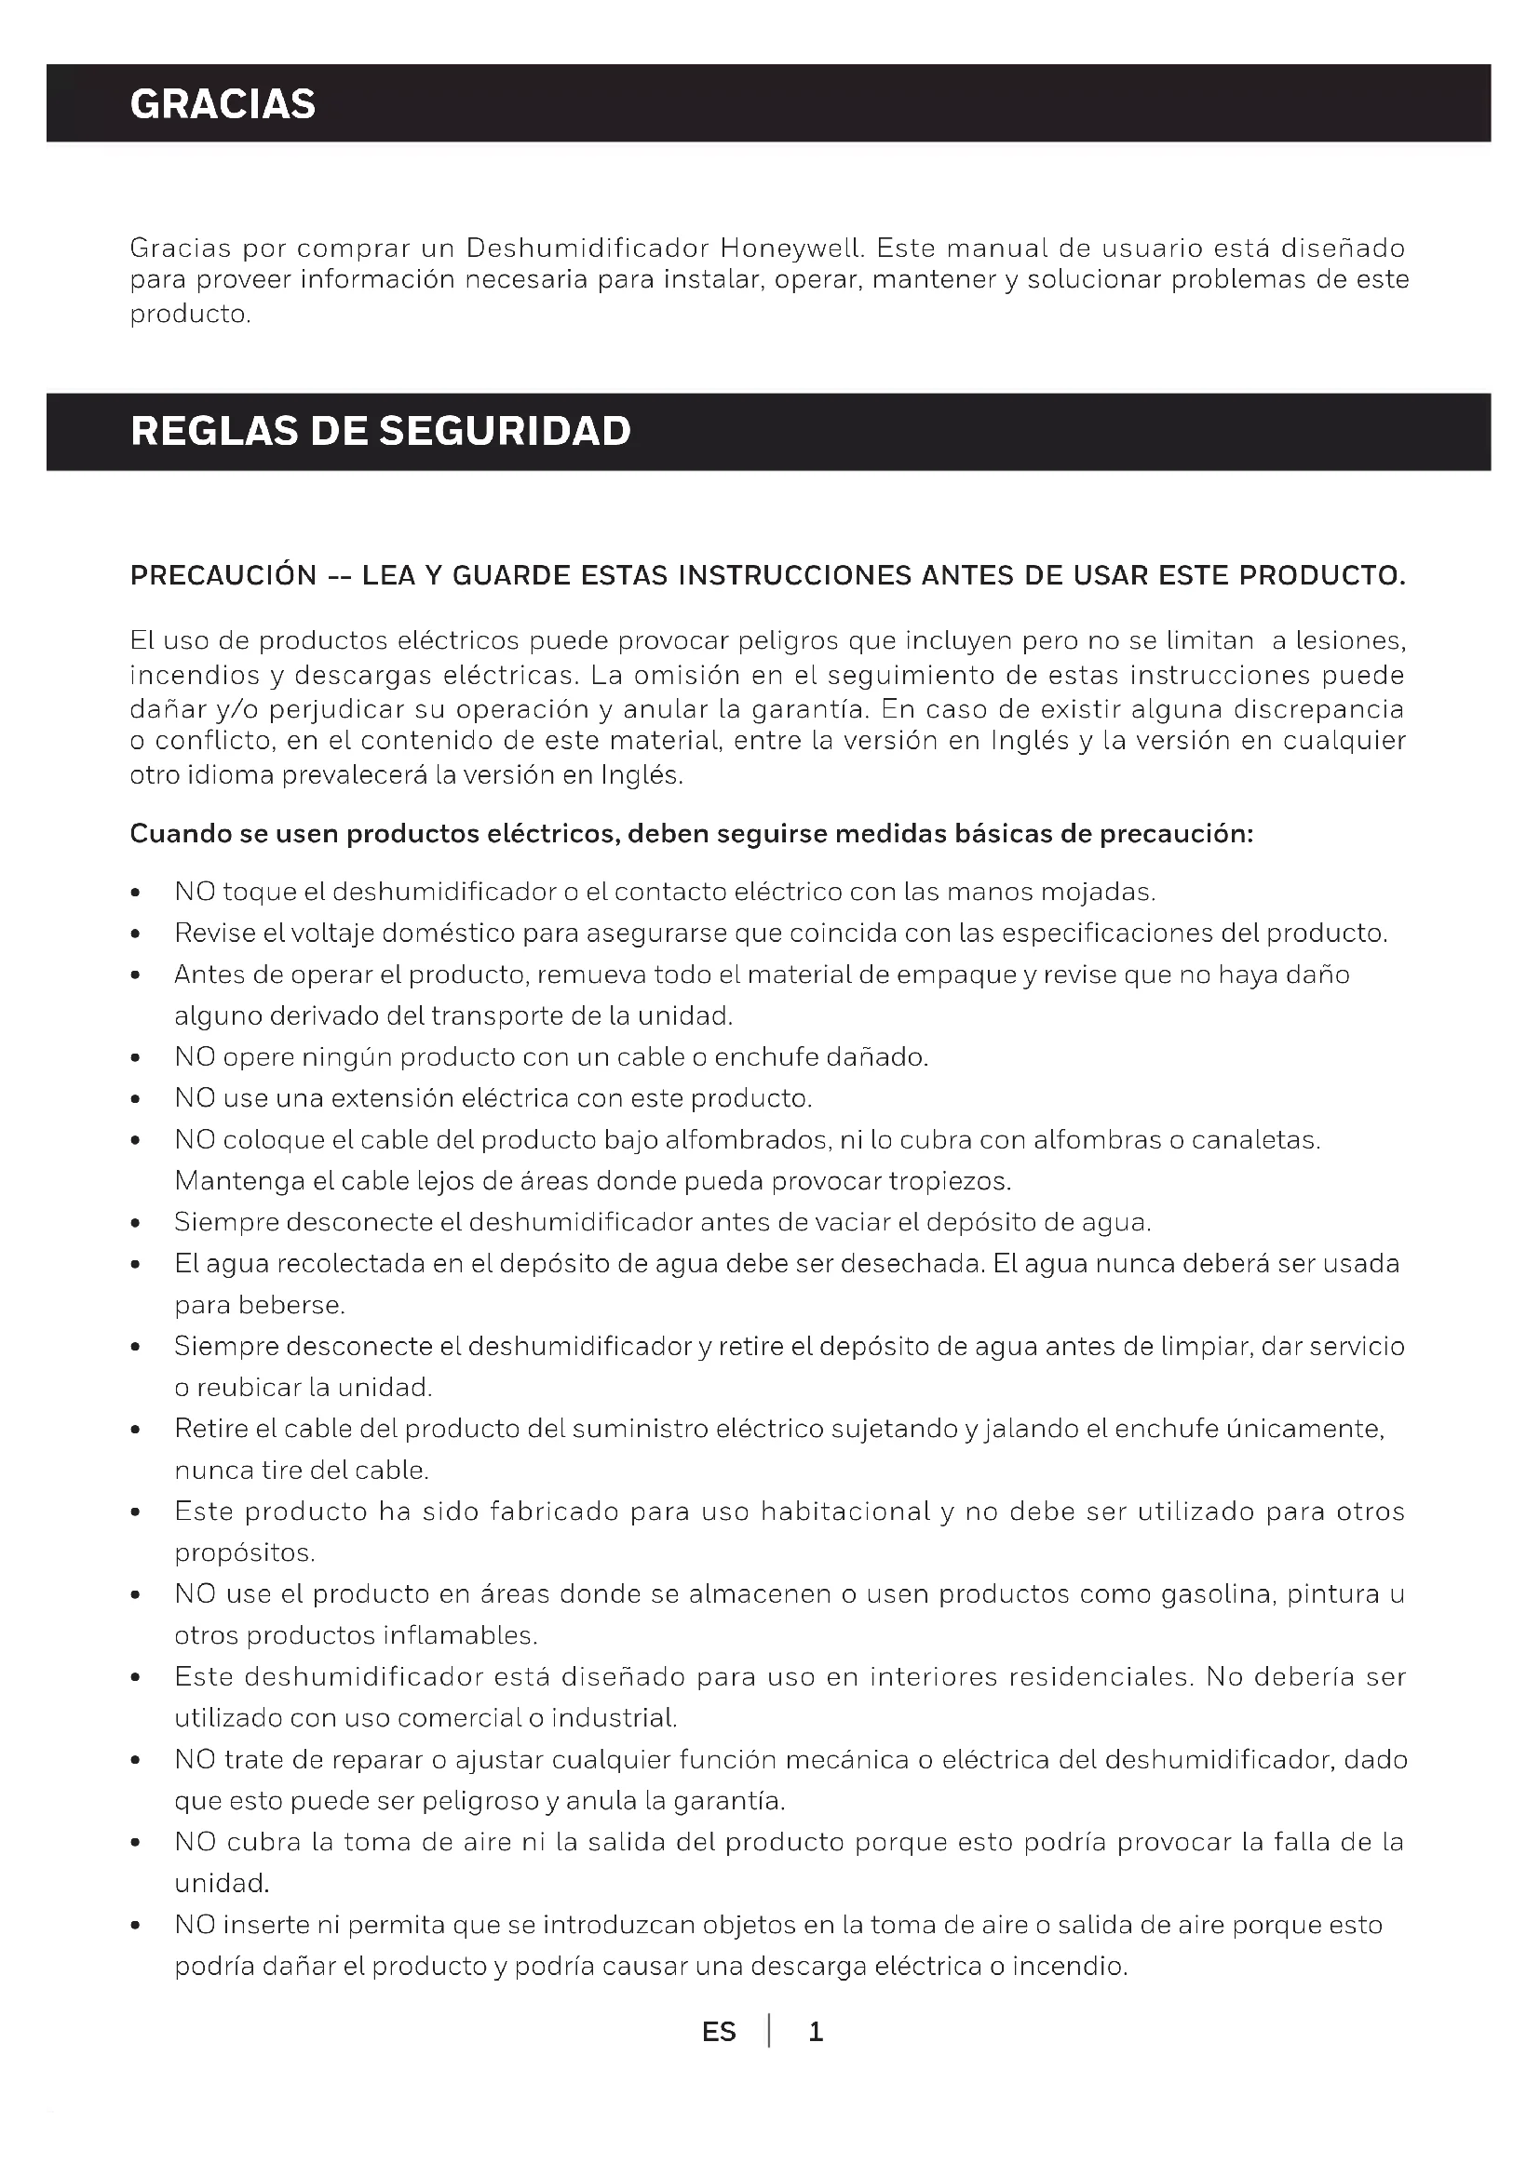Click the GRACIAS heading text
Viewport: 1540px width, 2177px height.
coord(223,103)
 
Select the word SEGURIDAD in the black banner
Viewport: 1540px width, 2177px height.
coord(505,432)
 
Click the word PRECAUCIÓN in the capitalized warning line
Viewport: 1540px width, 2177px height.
coord(223,575)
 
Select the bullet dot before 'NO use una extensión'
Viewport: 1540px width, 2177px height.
coord(137,1100)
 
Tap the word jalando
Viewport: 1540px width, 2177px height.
coord(1032,1429)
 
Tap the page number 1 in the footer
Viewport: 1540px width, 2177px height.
coord(816,2032)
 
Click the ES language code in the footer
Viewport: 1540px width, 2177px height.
coord(719,2032)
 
